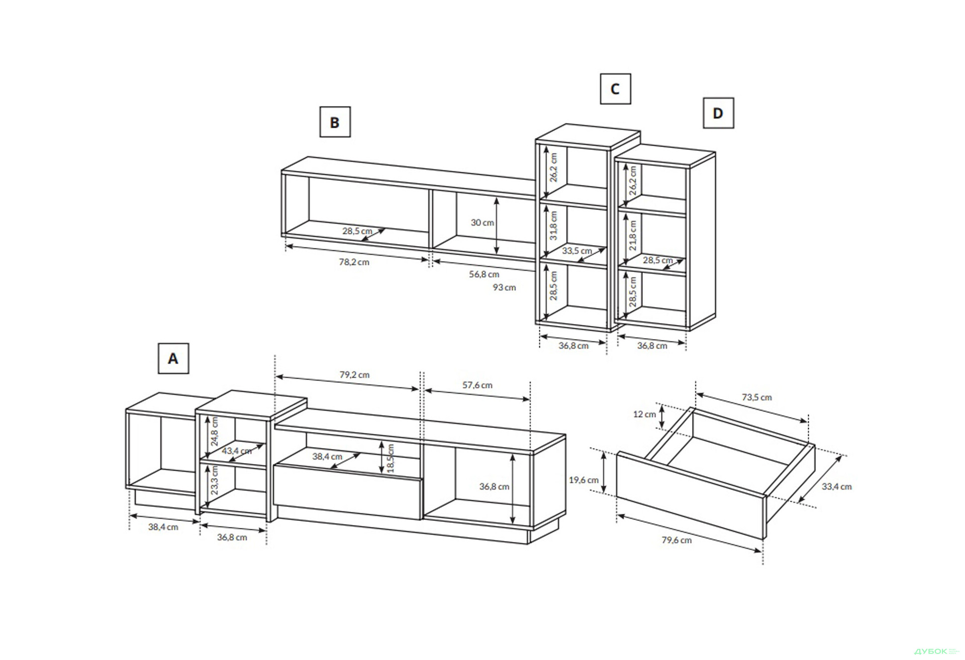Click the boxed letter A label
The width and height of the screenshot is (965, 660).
(173, 359)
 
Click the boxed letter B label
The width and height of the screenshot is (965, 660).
(335, 122)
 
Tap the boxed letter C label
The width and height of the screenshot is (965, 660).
(615, 89)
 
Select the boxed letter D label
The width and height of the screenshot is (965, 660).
(718, 113)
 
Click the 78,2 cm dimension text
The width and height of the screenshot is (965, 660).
(354, 262)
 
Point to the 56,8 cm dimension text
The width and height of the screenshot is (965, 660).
(484, 274)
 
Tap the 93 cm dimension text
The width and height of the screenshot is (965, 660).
(504, 287)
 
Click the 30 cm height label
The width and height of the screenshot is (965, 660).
(482, 223)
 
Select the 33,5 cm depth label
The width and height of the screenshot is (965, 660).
(576, 251)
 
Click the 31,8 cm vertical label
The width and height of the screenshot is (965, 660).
(553, 226)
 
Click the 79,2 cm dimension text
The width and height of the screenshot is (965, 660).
(354, 375)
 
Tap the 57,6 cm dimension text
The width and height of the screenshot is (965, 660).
(477, 385)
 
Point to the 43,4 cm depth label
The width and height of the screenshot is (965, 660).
(237, 451)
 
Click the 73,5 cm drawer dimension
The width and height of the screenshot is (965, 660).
(756, 397)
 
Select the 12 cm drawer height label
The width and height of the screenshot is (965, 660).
(644, 414)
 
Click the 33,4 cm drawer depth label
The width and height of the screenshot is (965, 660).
(836, 486)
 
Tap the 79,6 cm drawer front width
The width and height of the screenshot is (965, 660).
(677, 540)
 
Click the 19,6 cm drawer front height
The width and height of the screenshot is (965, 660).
(584, 480)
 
